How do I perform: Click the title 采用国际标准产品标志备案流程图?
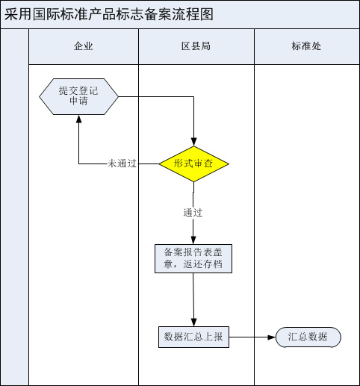coord(109,14)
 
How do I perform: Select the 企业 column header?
coord(84,46)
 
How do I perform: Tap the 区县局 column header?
coord(196,46)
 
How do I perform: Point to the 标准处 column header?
coord(306,46)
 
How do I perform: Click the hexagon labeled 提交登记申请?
coord(78,96)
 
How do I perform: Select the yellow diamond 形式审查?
coord(193,164)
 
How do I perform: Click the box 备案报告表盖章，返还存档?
coord(193,258)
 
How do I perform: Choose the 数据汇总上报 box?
coord(193,337)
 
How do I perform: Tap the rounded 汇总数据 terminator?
coord(308,337)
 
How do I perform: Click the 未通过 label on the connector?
coord(122,164)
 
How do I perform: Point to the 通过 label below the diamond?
coord(193,213)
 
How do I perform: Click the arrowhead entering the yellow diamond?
coord(193,142)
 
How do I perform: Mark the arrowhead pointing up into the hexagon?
coord(79,119)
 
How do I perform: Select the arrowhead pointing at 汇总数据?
coord(271,337)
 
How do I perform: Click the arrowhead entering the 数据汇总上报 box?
coord(193,322)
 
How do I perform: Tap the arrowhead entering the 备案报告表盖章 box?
coord(193,240)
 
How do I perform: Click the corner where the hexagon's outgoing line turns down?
coord(193,97)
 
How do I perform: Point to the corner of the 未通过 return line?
coord(79,164)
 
